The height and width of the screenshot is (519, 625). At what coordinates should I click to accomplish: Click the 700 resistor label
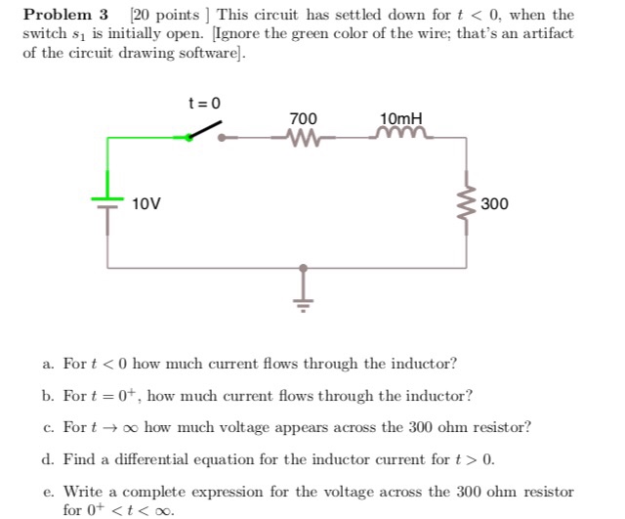(304, 118)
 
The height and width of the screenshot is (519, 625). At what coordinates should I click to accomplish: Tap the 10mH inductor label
(399, 118)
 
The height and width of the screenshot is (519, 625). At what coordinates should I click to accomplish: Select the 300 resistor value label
(494, 204)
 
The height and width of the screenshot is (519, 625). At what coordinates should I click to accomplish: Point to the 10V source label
(147, 204)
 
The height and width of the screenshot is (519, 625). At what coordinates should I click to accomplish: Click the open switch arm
(203, 133)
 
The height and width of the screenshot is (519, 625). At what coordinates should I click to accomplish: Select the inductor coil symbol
(398, 137)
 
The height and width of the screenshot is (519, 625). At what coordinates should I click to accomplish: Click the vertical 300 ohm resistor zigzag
(464, 203)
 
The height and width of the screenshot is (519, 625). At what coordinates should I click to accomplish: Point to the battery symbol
(107, 202)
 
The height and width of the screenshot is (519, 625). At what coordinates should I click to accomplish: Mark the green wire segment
(137, 138)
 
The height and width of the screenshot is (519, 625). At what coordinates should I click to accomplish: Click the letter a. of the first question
(48, 365)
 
